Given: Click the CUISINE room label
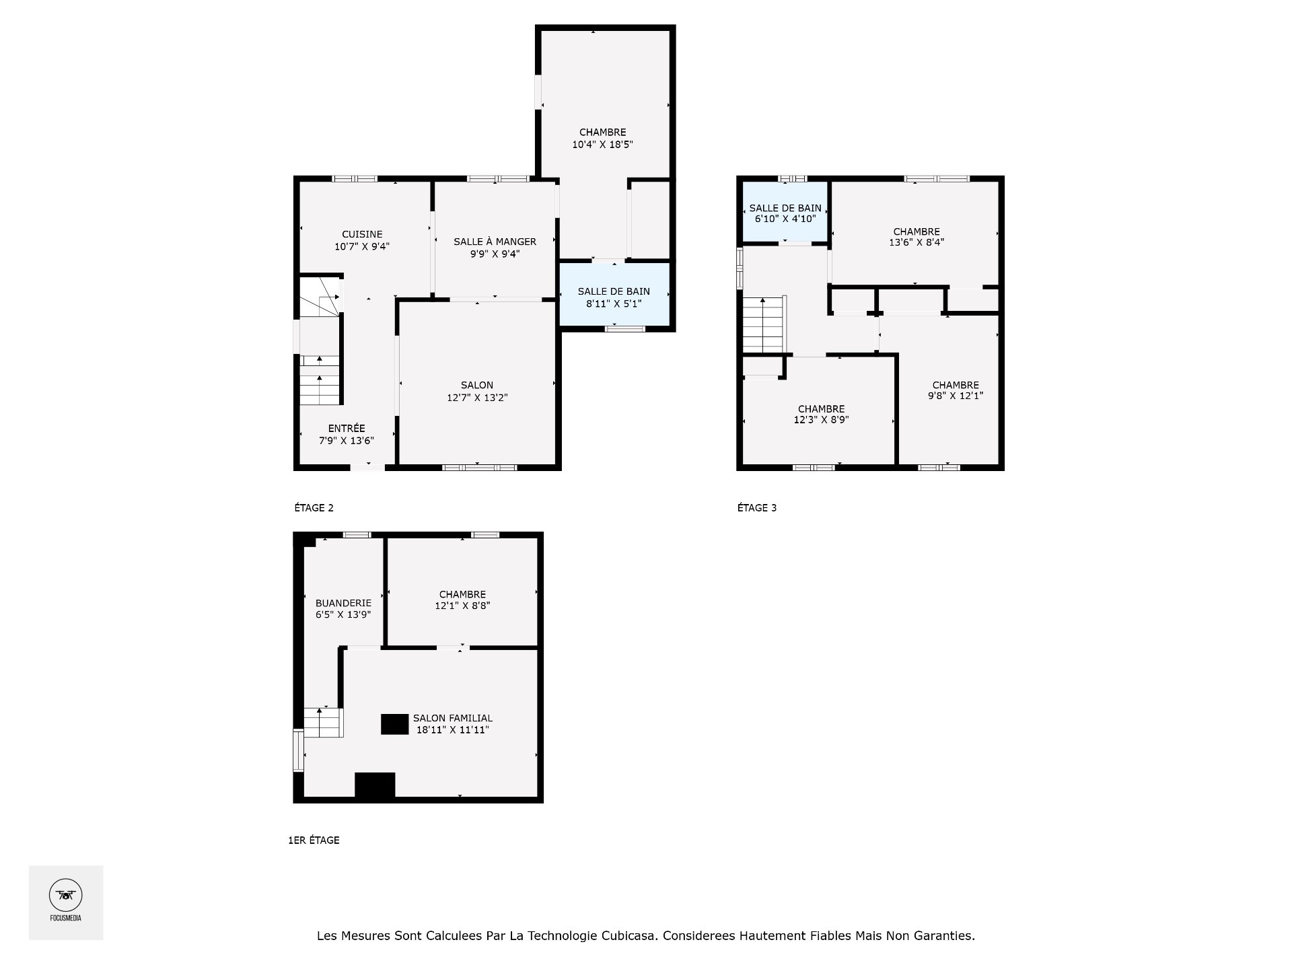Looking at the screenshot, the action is point(362,235).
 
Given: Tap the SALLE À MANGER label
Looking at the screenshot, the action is point(495,242).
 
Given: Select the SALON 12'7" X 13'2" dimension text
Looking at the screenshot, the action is point(477,398).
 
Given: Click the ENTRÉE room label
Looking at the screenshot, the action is point(347,429).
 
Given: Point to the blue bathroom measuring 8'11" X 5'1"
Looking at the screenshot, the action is point(614,295).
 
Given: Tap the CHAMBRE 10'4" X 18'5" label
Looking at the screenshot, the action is point(603,139).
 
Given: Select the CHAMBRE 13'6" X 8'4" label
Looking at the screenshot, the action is point(917,238).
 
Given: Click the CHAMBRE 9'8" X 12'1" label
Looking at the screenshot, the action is point(956,391).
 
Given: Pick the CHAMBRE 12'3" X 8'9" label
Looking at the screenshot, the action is point(821,415).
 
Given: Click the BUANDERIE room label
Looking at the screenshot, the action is point(343,604).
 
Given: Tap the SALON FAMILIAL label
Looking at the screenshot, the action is point(453,719).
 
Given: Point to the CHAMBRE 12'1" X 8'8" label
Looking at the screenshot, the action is point(462,600).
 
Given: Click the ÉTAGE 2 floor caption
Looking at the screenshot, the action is point(314,508).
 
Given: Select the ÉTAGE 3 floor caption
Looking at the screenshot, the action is point(757,508).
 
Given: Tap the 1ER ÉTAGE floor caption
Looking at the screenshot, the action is point(314,840).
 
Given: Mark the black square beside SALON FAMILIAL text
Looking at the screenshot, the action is point(395,724).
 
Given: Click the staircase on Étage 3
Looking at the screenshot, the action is point(764,325).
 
